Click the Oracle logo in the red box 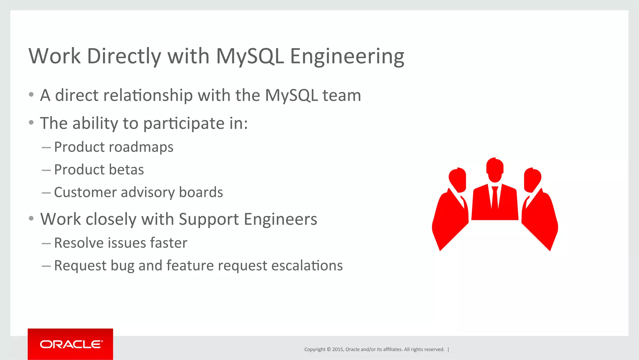tap(71, 344)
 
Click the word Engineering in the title tap(347, 57)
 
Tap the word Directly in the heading tap(124, 57)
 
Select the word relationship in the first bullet tap(148, 95)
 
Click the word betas tap(126, 170)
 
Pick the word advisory tap(148, 192)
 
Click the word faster tap(169, 243)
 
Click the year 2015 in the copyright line tap(338, 349)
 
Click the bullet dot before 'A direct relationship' tap(31, 95)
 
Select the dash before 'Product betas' tap(46, 170)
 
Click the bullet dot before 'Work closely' tap(31, 218)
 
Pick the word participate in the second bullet tap(184, 124)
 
